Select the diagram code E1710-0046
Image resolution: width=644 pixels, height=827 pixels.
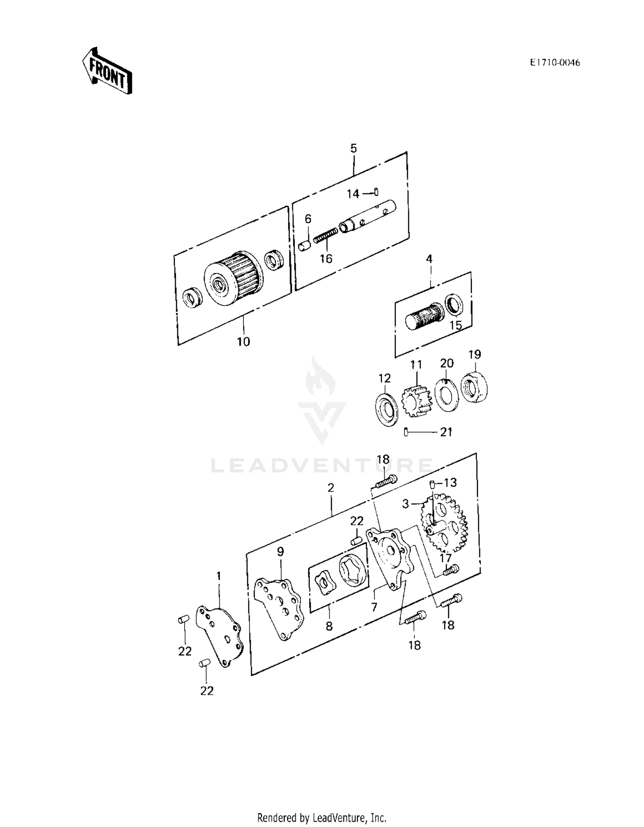click(x=555, y=63)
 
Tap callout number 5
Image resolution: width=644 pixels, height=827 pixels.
click(x=353, y=148)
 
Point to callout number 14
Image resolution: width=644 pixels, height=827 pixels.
click(x=353, y=194)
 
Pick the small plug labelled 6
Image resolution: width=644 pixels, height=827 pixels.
click(x=304, y=246)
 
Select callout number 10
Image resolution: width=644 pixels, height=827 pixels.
click(x=243, y=342)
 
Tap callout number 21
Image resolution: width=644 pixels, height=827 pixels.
click(x=447, y=432)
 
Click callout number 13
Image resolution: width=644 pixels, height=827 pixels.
click(x=450, y=483)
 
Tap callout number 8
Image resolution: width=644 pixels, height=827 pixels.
click(x=329, y=626)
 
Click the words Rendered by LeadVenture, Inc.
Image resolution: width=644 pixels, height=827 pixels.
click(x=322, y=818)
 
